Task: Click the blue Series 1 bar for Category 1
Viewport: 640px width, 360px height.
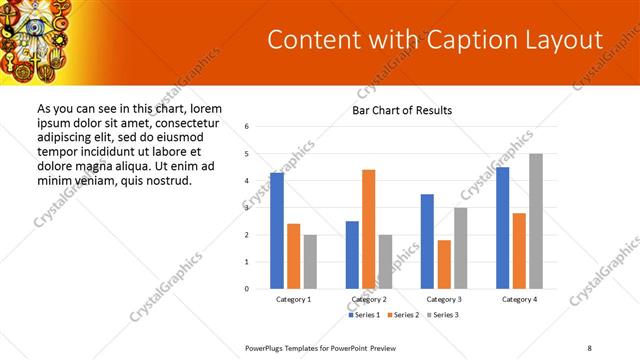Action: click(277, 231)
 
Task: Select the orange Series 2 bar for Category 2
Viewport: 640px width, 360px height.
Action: click(369, 229)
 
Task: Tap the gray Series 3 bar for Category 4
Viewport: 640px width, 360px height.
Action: click(536, 221)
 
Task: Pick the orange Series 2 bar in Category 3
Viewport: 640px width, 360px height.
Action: click(444, 264)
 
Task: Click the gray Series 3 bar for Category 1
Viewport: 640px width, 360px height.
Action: click(310, 262)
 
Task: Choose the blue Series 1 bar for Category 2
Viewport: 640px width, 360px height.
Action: click(352, 255)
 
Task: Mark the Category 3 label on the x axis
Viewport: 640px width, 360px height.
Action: click(443, 299)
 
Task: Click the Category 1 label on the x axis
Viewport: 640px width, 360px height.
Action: click(293, 299)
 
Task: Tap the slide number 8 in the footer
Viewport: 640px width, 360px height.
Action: click(590, 347)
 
